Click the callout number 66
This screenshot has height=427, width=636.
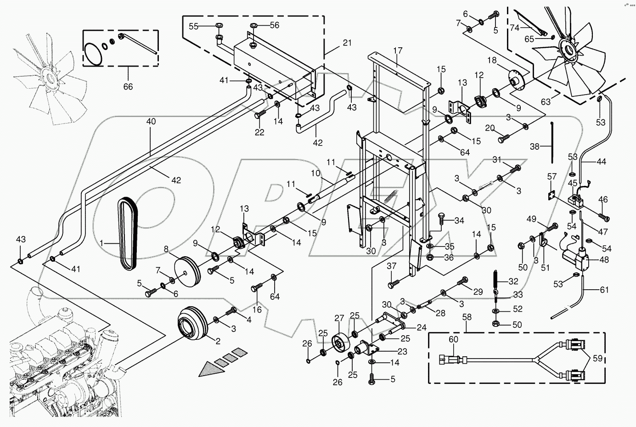pos(128,86)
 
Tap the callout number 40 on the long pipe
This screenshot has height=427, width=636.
pos(151,122)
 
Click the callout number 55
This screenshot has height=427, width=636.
pos(193,27)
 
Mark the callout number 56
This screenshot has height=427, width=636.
pos(274,26)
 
